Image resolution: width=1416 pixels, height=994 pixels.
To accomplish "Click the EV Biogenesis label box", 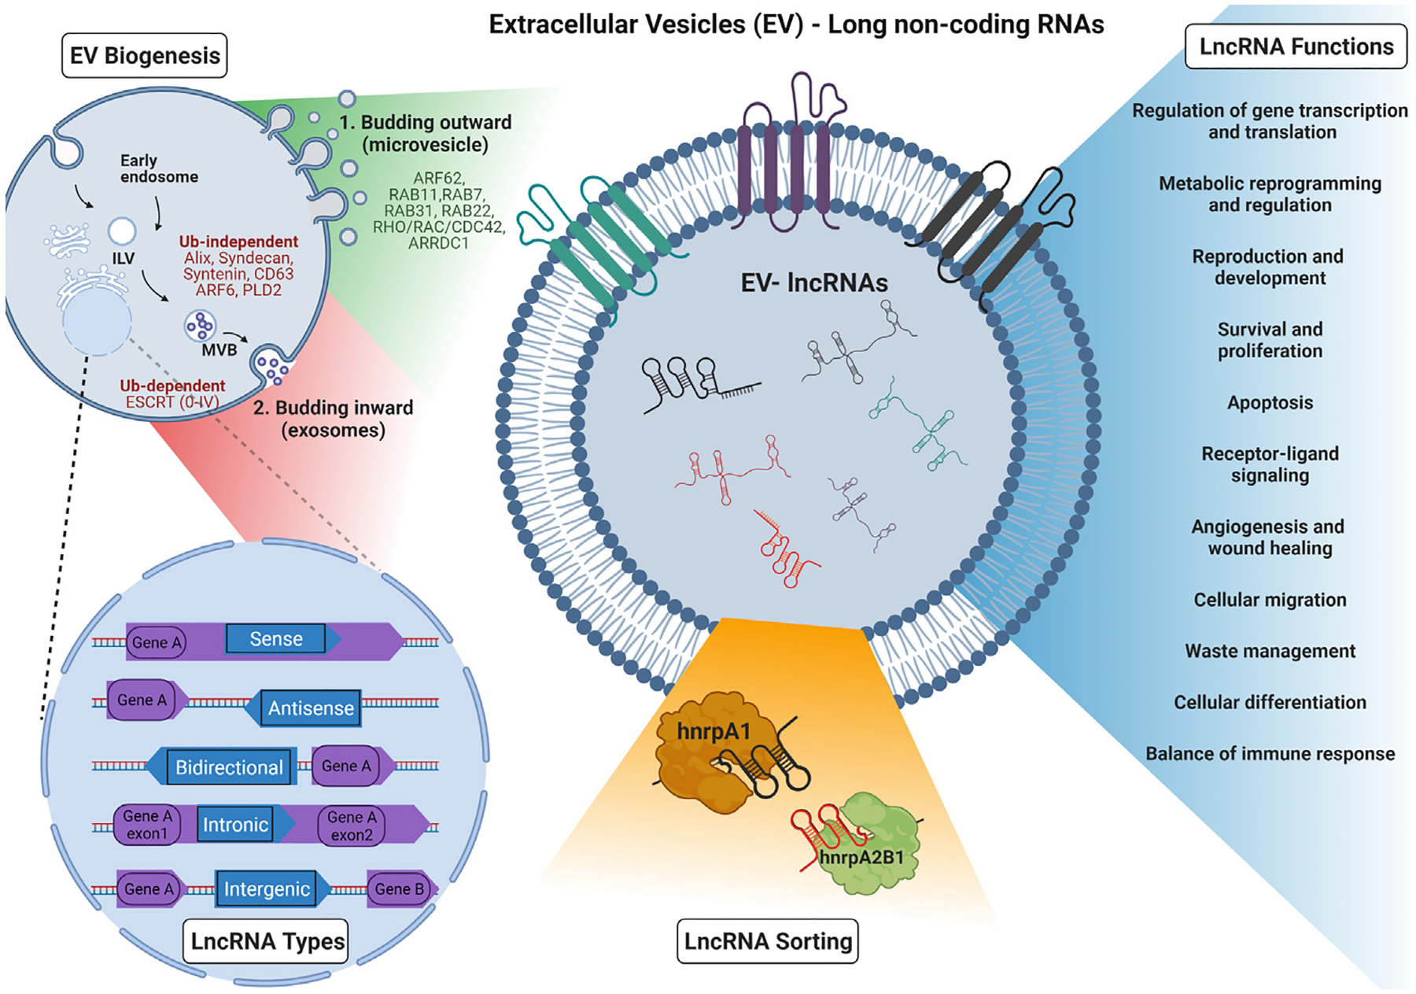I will click(x=145, y=56).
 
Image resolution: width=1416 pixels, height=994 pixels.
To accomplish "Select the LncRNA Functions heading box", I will click(x=1296, y=47).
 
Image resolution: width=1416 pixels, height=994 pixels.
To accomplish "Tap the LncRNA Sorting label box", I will click(x=768, y=941).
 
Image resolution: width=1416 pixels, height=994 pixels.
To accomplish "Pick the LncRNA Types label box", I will click(x=267, y=941).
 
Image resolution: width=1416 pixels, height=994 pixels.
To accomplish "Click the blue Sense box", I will click(x=275, y=639).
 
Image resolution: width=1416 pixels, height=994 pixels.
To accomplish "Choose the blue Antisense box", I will click(x=311, y=708).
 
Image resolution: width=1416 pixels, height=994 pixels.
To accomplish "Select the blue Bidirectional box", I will click(x=229, y=767).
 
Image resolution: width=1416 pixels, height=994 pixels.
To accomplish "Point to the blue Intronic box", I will click(x=235, y=825).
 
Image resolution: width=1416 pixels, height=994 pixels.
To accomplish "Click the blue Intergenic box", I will click(x=267, y=889).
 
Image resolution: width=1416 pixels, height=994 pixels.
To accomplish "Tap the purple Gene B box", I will click(x=399, y=889).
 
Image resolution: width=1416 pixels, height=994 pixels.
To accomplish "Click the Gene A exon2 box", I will click(x=352, y=826).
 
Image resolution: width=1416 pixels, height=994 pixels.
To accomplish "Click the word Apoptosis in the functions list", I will click(x=1270, y=403).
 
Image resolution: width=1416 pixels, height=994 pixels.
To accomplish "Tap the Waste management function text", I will click(x=1270, y=652).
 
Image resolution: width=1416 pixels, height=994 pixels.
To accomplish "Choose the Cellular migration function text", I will click(x=1270, y=600).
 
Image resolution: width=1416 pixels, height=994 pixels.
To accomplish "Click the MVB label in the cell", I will click(x=219, y=350).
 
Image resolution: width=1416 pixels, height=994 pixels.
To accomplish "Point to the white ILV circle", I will click(x=122, y=231).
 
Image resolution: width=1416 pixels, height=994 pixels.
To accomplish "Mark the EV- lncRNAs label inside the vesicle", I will click(x=814, y=283).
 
